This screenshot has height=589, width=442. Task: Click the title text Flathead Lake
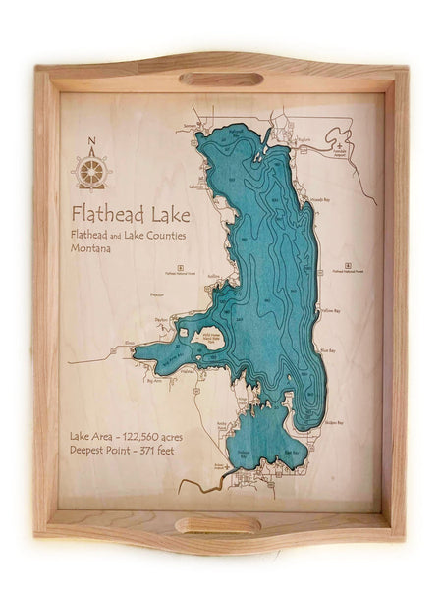129,213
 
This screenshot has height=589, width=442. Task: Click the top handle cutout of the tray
220,79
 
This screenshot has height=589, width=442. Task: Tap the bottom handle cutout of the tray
218,525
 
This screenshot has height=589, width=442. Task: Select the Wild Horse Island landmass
209,339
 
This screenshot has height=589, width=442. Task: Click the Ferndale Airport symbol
340,147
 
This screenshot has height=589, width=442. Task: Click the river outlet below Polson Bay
201,484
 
